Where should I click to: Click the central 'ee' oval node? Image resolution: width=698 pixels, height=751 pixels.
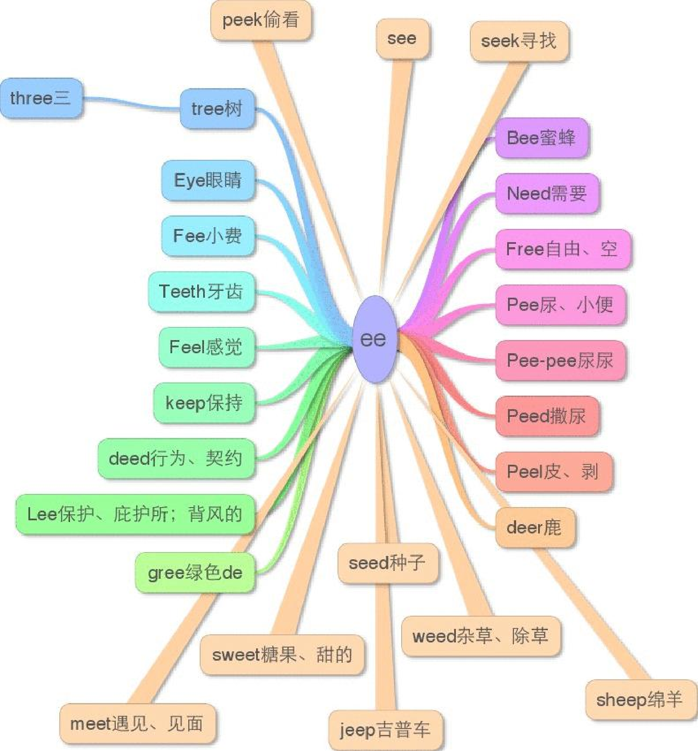click(374, 339)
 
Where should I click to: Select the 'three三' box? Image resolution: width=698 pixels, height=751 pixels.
click(41, 98)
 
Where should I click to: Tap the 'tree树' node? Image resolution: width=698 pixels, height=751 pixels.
click(217, 109)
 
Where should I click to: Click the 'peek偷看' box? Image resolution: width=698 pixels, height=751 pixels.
click(261, 20)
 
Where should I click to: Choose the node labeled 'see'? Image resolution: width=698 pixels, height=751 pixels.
click(402, 39)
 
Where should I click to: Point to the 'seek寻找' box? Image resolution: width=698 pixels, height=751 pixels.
click(519, 41)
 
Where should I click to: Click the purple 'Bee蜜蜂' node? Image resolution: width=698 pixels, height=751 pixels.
click(542, 138)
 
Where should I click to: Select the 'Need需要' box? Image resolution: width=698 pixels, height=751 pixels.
click(547, 193)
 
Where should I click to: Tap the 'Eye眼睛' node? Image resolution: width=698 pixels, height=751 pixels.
click(208, 180)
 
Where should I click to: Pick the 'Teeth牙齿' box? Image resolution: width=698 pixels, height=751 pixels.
click(201, 292)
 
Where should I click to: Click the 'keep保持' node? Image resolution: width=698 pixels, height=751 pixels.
click(204, 403)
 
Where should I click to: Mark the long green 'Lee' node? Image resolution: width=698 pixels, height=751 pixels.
click(135, 514)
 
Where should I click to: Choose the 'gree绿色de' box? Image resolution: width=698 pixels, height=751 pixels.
click(195, 572)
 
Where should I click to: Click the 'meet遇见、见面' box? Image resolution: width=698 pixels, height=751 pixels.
click(137, 724)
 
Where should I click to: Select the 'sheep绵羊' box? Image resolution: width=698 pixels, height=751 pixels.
click(639, 700)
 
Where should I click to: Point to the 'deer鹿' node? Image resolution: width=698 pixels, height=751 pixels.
click(534, 528)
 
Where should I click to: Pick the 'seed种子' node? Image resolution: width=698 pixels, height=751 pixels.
click(387, 563)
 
